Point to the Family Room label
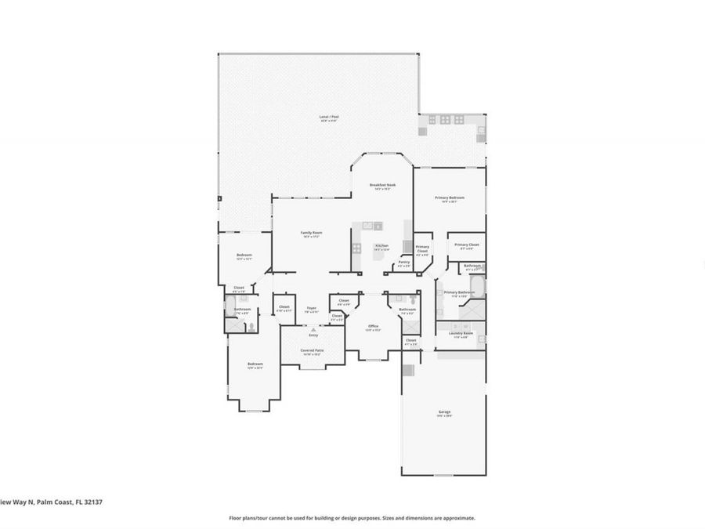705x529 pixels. [312, 234]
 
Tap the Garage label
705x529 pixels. [444, 414]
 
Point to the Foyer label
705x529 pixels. [311, 310]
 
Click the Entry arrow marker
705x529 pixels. [313, 332]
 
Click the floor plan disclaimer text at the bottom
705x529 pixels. [352, 518]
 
